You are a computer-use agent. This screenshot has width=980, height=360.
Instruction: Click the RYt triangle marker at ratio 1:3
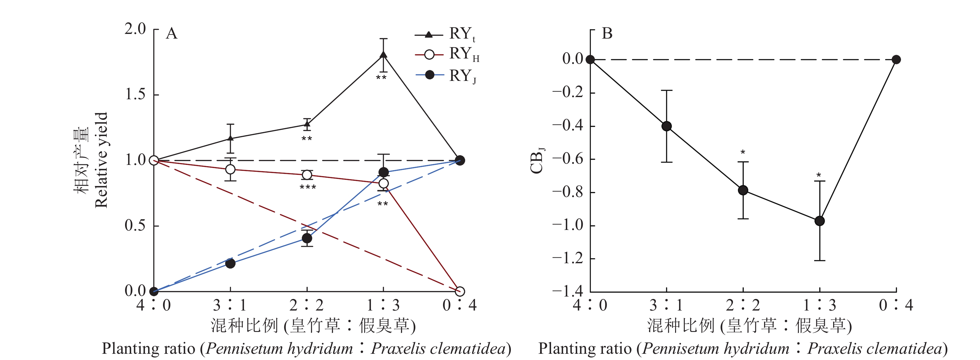click(x=384, y=55)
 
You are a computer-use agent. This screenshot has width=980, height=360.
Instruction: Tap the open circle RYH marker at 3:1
click(x=230, y=169)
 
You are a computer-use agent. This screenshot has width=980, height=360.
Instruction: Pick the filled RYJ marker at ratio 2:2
click(x=307, y=238)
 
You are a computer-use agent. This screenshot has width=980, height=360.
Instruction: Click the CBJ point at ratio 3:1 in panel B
click(x=666, y=126)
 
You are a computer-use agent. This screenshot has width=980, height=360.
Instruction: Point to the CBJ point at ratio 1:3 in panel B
click(x=819, y=221)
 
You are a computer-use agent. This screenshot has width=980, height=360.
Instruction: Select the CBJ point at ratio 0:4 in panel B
click(x=896, y=60)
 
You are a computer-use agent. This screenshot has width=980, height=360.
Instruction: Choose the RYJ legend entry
click(x=447, y=76)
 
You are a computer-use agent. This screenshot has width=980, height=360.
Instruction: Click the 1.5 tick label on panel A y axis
click(x=135, y=94)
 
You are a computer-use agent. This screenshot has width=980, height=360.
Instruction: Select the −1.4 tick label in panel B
click(x=567, y=292)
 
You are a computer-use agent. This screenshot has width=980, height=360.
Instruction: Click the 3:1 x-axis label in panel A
click(x=230, y=305)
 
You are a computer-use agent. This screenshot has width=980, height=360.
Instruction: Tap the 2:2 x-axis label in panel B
click(x=743, y=305)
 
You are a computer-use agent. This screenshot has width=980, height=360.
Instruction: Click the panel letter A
click(x=171, y=34)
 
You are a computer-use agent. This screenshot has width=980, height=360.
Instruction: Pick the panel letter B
click(x=607, y=34)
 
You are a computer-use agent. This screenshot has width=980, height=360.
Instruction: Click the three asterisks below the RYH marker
click(x=308, y=187)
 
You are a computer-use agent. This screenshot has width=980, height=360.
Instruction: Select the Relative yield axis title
click(x=101, y=160)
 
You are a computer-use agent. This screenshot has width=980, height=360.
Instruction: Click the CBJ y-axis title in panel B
click(x=537, y=161)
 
